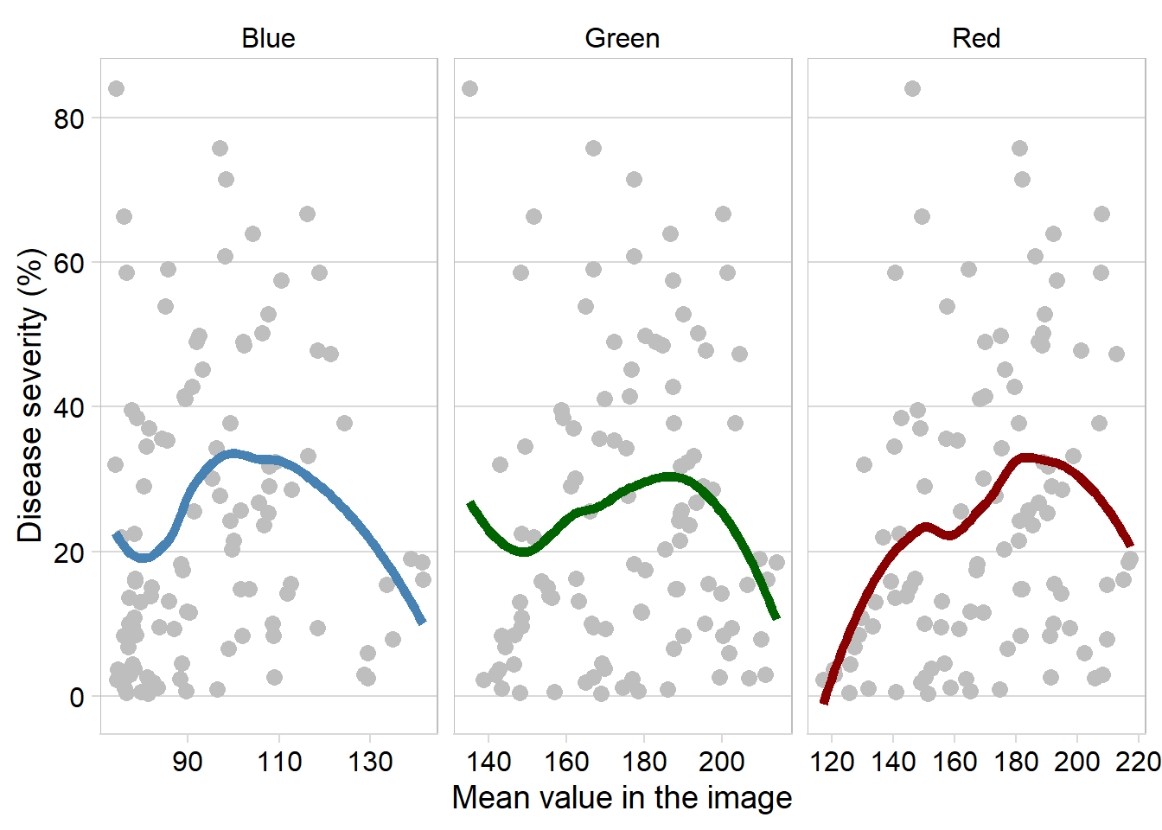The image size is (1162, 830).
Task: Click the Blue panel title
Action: (x=268, y=38)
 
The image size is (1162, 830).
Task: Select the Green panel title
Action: (x=622, y=38)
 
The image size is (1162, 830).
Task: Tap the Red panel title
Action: (x=976, y=38)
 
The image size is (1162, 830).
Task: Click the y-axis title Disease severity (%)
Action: (x=30, y=395)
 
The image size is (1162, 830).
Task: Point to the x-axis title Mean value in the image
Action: (x=622, y=797)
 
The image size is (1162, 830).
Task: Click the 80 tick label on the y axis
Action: (x=69, y=118)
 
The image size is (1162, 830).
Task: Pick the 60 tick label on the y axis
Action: (x=69, y=263)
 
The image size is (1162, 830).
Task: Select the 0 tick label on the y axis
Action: (x=77, y=697)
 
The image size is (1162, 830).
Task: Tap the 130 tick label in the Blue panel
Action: (x=370, y=762)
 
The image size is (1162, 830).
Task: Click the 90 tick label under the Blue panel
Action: (x=187, y=762)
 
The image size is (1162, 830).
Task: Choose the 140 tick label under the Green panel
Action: (x=488, y=762)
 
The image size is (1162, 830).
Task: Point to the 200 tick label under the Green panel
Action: (x=722, y=762)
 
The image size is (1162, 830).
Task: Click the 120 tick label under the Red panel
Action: (x=832, y=762)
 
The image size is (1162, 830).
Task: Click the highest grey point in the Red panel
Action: (x=912, y=88)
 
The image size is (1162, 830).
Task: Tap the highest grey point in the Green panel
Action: (x=469, y=88)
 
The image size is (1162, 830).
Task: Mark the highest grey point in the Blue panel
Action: (x=116, y=88)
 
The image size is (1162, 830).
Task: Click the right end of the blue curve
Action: (x=422, y=621)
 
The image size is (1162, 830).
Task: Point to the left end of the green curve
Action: (x=470, y=503)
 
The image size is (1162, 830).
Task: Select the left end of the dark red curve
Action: (x=824, y=701)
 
